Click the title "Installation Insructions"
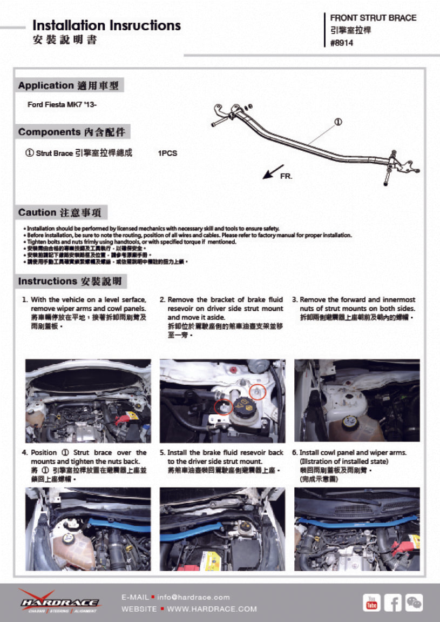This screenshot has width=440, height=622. (x=106, y=25)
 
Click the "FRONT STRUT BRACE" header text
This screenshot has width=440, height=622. (x=373, y=18)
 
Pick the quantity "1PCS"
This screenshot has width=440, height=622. (x=167, y=153)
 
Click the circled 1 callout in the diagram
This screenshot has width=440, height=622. (x=338, y=122)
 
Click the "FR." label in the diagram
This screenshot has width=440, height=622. (x=286, y=176)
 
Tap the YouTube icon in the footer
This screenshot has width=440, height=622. (x=371, y=602)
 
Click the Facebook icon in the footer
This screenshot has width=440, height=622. (x=392, y=602)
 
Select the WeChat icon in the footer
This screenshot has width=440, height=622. (x=414, y=602)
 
